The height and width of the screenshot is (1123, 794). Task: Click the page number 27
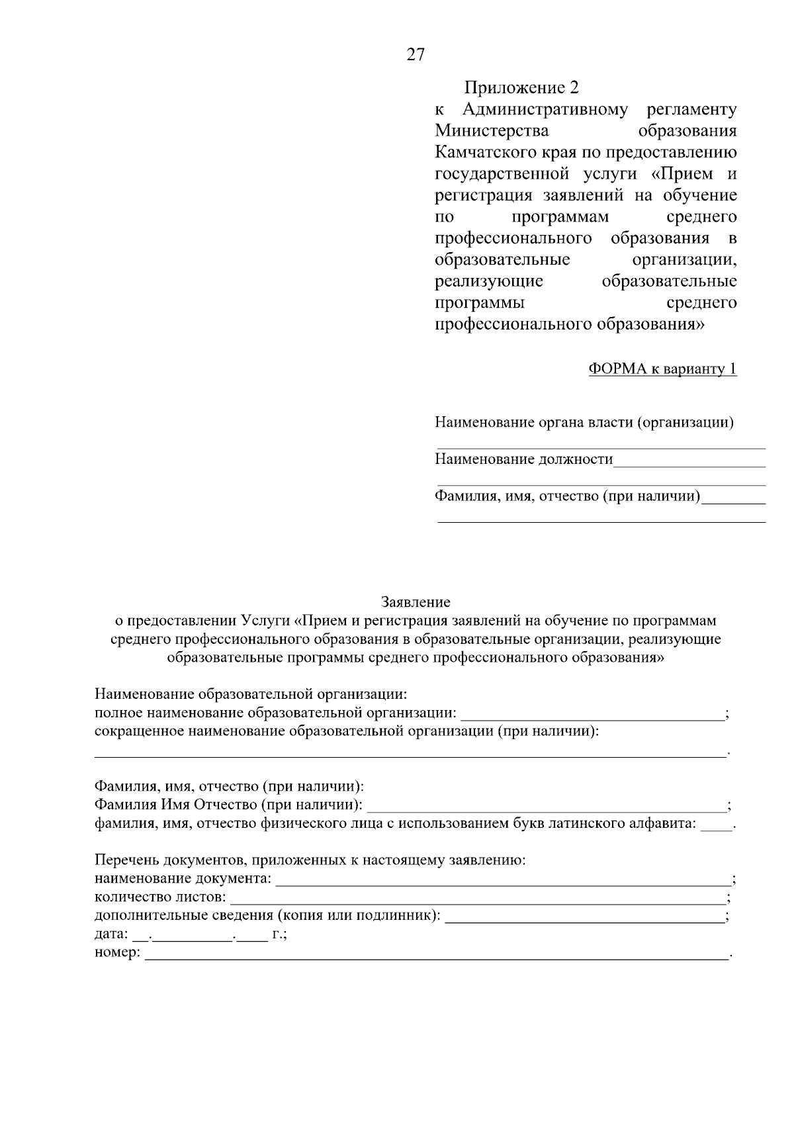pos(416,55)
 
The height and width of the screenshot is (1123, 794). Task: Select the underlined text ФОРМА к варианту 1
pos(662,369)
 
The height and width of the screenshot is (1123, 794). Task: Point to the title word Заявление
pos(416,602)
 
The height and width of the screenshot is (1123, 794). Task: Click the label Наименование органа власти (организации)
pos(584,422)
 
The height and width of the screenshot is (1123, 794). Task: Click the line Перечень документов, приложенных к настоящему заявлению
pos(310,861)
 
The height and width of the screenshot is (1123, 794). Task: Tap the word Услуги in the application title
pos(265,621)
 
